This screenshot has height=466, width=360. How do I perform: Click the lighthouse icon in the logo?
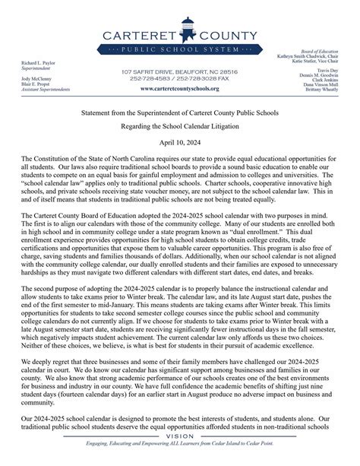point(179,28)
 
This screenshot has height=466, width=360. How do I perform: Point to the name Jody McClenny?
point(29,78)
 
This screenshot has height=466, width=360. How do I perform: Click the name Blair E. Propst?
point(28,84)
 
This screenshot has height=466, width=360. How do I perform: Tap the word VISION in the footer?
point(180,448)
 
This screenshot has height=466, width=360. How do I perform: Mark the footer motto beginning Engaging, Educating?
point(180,456)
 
